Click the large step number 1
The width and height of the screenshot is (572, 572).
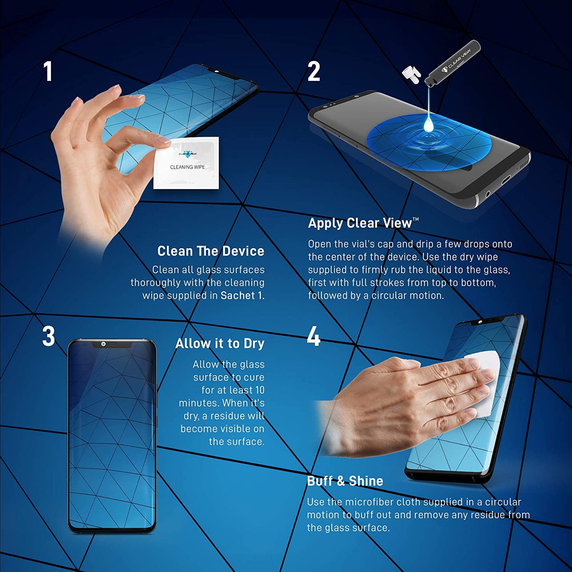click(48, 72)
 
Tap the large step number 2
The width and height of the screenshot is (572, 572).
click(314, 72)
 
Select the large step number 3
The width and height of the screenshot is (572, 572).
click(48, 337)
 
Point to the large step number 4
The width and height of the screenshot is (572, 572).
click(314, 337)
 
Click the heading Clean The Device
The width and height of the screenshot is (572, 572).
click(211, 251)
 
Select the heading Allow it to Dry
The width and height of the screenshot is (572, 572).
click(220, 344)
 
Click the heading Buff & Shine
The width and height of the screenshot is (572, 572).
click(345, 481)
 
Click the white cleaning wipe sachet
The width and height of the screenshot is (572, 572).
click(186, 163)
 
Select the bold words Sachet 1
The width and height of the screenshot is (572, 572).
click(242, 296)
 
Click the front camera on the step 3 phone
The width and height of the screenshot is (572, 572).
click(103, 344)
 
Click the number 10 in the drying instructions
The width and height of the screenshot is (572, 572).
click(259, 390)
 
